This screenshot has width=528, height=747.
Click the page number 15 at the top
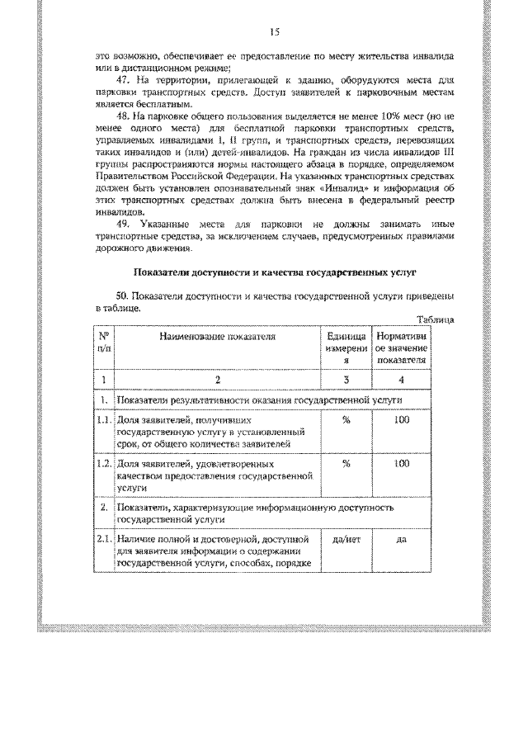coord(275,32)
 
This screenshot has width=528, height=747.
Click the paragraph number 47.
coord(125,80)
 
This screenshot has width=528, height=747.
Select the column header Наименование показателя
coord(218,337)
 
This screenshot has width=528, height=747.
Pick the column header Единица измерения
coord(346,348)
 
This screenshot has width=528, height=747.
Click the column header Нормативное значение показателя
coord(402,348)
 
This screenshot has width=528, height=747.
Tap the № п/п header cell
coord(104,343)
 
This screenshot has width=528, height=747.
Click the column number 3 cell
coord(346,380)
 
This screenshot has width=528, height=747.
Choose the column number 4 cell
coord(402,380)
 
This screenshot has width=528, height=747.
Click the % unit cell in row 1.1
coord(346,420)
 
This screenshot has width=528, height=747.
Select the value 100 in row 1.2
coord(402,464)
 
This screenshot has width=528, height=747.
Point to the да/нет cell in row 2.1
coord(346,539)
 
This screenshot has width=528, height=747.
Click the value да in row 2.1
coord(402,539)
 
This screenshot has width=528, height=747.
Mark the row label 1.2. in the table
coord(104,464)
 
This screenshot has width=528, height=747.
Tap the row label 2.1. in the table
coord(104,539)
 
